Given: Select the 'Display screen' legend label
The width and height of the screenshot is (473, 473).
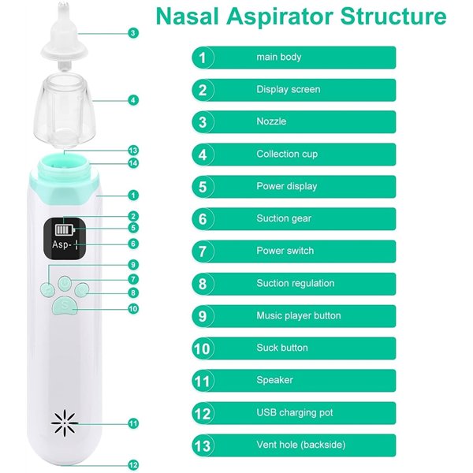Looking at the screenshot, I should point(288,89).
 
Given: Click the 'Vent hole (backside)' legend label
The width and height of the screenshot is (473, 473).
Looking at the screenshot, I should point(300,445).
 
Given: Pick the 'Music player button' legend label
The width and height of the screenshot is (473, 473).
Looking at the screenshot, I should point(298,315).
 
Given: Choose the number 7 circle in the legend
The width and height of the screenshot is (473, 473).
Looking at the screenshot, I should point(203,251).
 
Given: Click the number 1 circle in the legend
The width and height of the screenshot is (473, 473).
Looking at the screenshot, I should point(203,57).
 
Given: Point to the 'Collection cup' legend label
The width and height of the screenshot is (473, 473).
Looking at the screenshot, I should point(287,154).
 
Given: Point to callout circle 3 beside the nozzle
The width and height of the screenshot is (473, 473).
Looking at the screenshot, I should point(133,32).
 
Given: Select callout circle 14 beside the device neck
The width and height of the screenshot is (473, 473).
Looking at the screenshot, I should point(133,163).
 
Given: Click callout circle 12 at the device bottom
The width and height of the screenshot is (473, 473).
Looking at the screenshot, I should point(133,464).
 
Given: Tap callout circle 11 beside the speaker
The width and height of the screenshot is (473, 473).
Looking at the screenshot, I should point(133,423).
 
